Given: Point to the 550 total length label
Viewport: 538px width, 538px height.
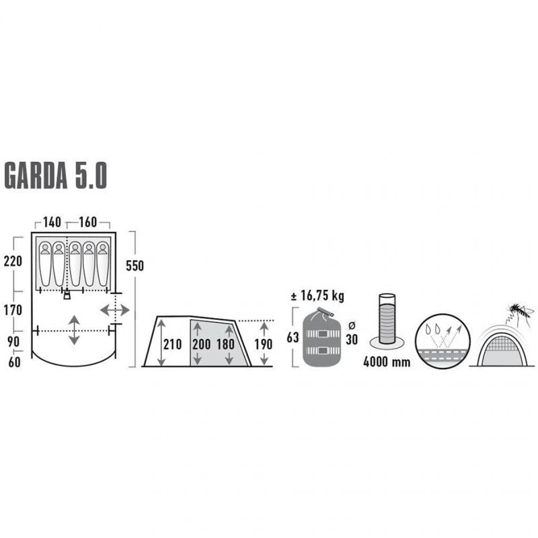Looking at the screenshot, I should point(134,266).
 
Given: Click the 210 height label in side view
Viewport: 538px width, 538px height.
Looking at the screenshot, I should point(173,344).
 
